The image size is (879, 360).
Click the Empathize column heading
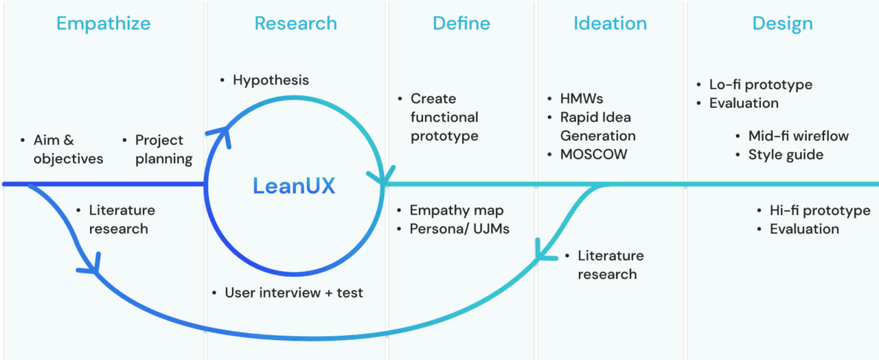click(x=103, y=23)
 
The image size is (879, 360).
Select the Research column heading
click(x=295, y=23)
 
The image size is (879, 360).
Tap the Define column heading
click(x=461, y=23)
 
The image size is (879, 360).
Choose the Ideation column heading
click(x=610, y=23)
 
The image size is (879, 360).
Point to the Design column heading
click(x=782, y=23)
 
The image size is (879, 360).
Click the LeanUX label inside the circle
click(x=294, y=186)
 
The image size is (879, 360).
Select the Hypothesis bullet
click(x=271, y=80)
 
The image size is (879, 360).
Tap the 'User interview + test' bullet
click(x=293, y=293)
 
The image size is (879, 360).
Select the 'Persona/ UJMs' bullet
click(x=459, y=229)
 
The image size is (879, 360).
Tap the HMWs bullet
click(x=581, y=99)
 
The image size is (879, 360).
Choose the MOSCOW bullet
click(x=593, y=154)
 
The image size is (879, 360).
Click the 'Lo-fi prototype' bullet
click(x=760, y=85)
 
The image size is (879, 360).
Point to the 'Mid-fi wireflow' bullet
click(x=798, y=136)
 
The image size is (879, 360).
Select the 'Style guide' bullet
click(x=786, y=155)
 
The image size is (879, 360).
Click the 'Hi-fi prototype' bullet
click(x=814, y=210)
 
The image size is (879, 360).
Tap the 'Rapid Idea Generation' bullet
click(x=597, y=126)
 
